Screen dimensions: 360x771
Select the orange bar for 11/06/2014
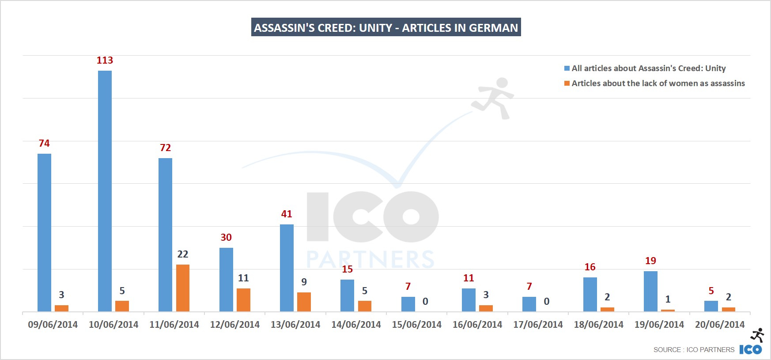pyautogui.click(x=183, y=288)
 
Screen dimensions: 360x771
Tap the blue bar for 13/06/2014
pyautogui.click(x=287, y=268)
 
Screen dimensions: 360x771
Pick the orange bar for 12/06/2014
pyautogui.click(x=243, y=300)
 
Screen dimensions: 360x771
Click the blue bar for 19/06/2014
pyautogui.click(x=650, y=291)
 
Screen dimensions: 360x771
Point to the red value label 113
pyautogui.click(x=105, y=61)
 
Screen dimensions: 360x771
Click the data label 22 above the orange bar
pyautogui.click(x=183, y=254)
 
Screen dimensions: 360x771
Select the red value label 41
pyautogui.click(x=287, y=214)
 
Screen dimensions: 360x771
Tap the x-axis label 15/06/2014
pyautogui.click(x=416, y=325)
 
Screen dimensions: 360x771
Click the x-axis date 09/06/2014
pyautogui.click(x=53, y=325)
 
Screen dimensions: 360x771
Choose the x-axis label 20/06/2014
pyautogui.click(x=720, y=325)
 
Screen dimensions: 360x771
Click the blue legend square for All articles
pyautogui.click(x=567, y=68)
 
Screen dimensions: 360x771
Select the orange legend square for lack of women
pyautogui.click(x=567, y=83)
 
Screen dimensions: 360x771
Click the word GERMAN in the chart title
pyautogui.click(x=493, y=28)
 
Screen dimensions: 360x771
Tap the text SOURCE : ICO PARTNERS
pyautogui.click(x=694, y=350)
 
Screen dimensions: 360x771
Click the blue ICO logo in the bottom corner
pyautogui.click(x=751, y=349)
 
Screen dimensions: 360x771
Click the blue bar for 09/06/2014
pyautogui.click(x=44, y=232)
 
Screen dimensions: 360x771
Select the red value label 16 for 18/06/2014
pyautogui.click(x=590, y=267)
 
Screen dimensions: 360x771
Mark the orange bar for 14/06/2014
pyautogui.click(x=365, y=306)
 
